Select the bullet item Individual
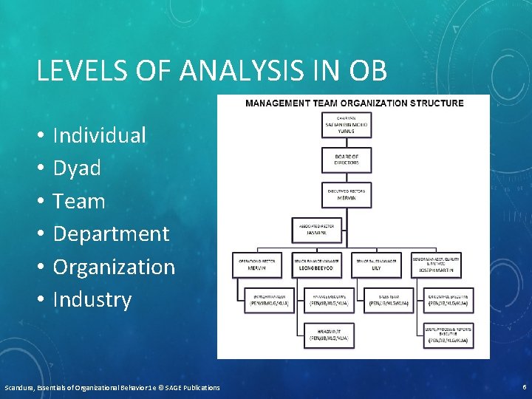(100, 135)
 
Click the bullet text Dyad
(77, 168)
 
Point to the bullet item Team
(79, 201)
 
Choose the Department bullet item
(112, 233)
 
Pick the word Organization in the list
(115, 267)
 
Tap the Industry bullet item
(92, 299)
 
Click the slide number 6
(524, 387)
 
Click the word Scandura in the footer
(21, 387)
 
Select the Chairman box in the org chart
(347, 125)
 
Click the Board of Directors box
(347, 160)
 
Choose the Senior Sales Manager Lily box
(376, 265)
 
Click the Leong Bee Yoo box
(316, 265)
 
